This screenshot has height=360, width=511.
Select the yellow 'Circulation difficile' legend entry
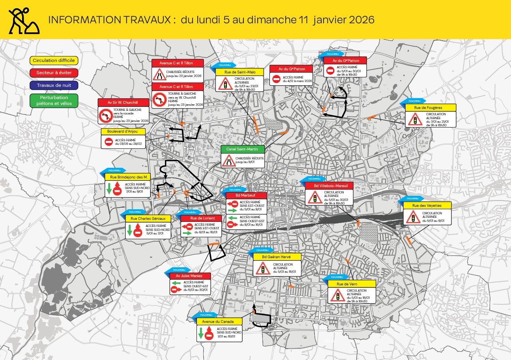click(54, 60)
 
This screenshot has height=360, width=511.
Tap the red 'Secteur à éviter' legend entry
click(54, 73)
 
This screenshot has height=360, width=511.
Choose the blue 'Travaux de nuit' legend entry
click(54, 85)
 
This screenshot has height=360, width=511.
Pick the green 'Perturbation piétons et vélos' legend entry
click(54, 100)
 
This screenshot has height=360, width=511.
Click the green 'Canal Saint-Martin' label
click(242, 149)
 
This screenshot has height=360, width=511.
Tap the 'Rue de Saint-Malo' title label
click(237, 72)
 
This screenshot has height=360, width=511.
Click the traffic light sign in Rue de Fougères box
click(415, 119)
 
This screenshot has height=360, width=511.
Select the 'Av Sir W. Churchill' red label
click(123, 103)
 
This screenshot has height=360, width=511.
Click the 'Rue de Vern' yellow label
click(347, 284)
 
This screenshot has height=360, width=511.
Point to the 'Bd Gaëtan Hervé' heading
click(276, 257)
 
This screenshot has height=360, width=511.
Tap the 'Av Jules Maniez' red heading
click(189, 276)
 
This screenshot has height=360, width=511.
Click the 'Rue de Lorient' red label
click(203, 218)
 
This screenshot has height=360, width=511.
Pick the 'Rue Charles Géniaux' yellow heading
click(148, 218)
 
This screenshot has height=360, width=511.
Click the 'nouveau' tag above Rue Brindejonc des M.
click(113, 171)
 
